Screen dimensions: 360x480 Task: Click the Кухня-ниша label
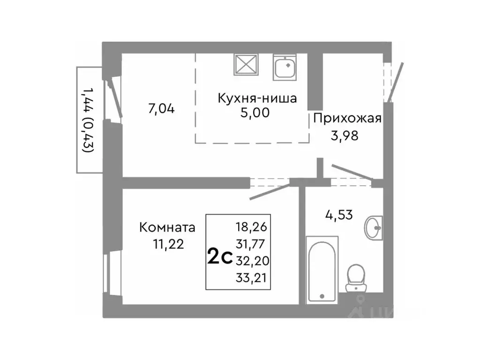[257, 98]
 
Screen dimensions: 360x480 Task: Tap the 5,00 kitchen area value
[256, 113]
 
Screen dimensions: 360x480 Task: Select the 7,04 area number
[161, 109]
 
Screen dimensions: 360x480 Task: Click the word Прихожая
[347, 118]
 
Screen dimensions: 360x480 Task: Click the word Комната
[167, 228]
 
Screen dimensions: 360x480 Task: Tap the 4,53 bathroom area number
[339, 215]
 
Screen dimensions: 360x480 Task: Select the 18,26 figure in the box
[252, 228]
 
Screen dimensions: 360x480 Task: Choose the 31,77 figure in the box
[252, 243]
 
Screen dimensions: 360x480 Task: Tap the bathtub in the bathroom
[321, 270]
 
